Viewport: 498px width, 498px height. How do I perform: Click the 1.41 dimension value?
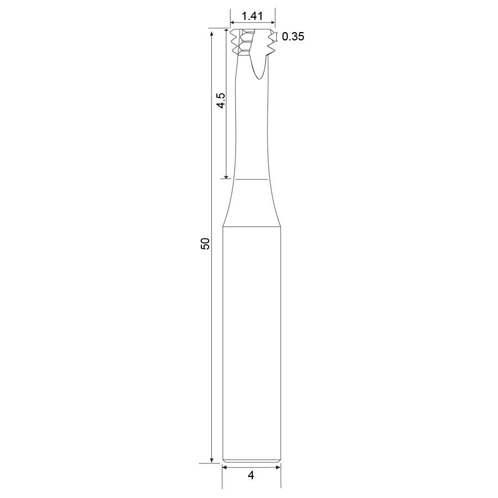(252, 16)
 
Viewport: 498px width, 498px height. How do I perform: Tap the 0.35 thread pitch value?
(293, 37)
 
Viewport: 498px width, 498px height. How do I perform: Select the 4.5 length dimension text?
(221, 100)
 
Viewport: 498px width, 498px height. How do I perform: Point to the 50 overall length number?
(205, 243)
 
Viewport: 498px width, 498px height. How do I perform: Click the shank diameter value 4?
(251, 475)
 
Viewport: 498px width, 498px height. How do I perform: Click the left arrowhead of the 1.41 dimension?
(232, 23)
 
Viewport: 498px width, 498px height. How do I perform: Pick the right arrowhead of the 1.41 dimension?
(272, 23)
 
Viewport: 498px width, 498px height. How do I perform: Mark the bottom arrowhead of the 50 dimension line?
(211, 460)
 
